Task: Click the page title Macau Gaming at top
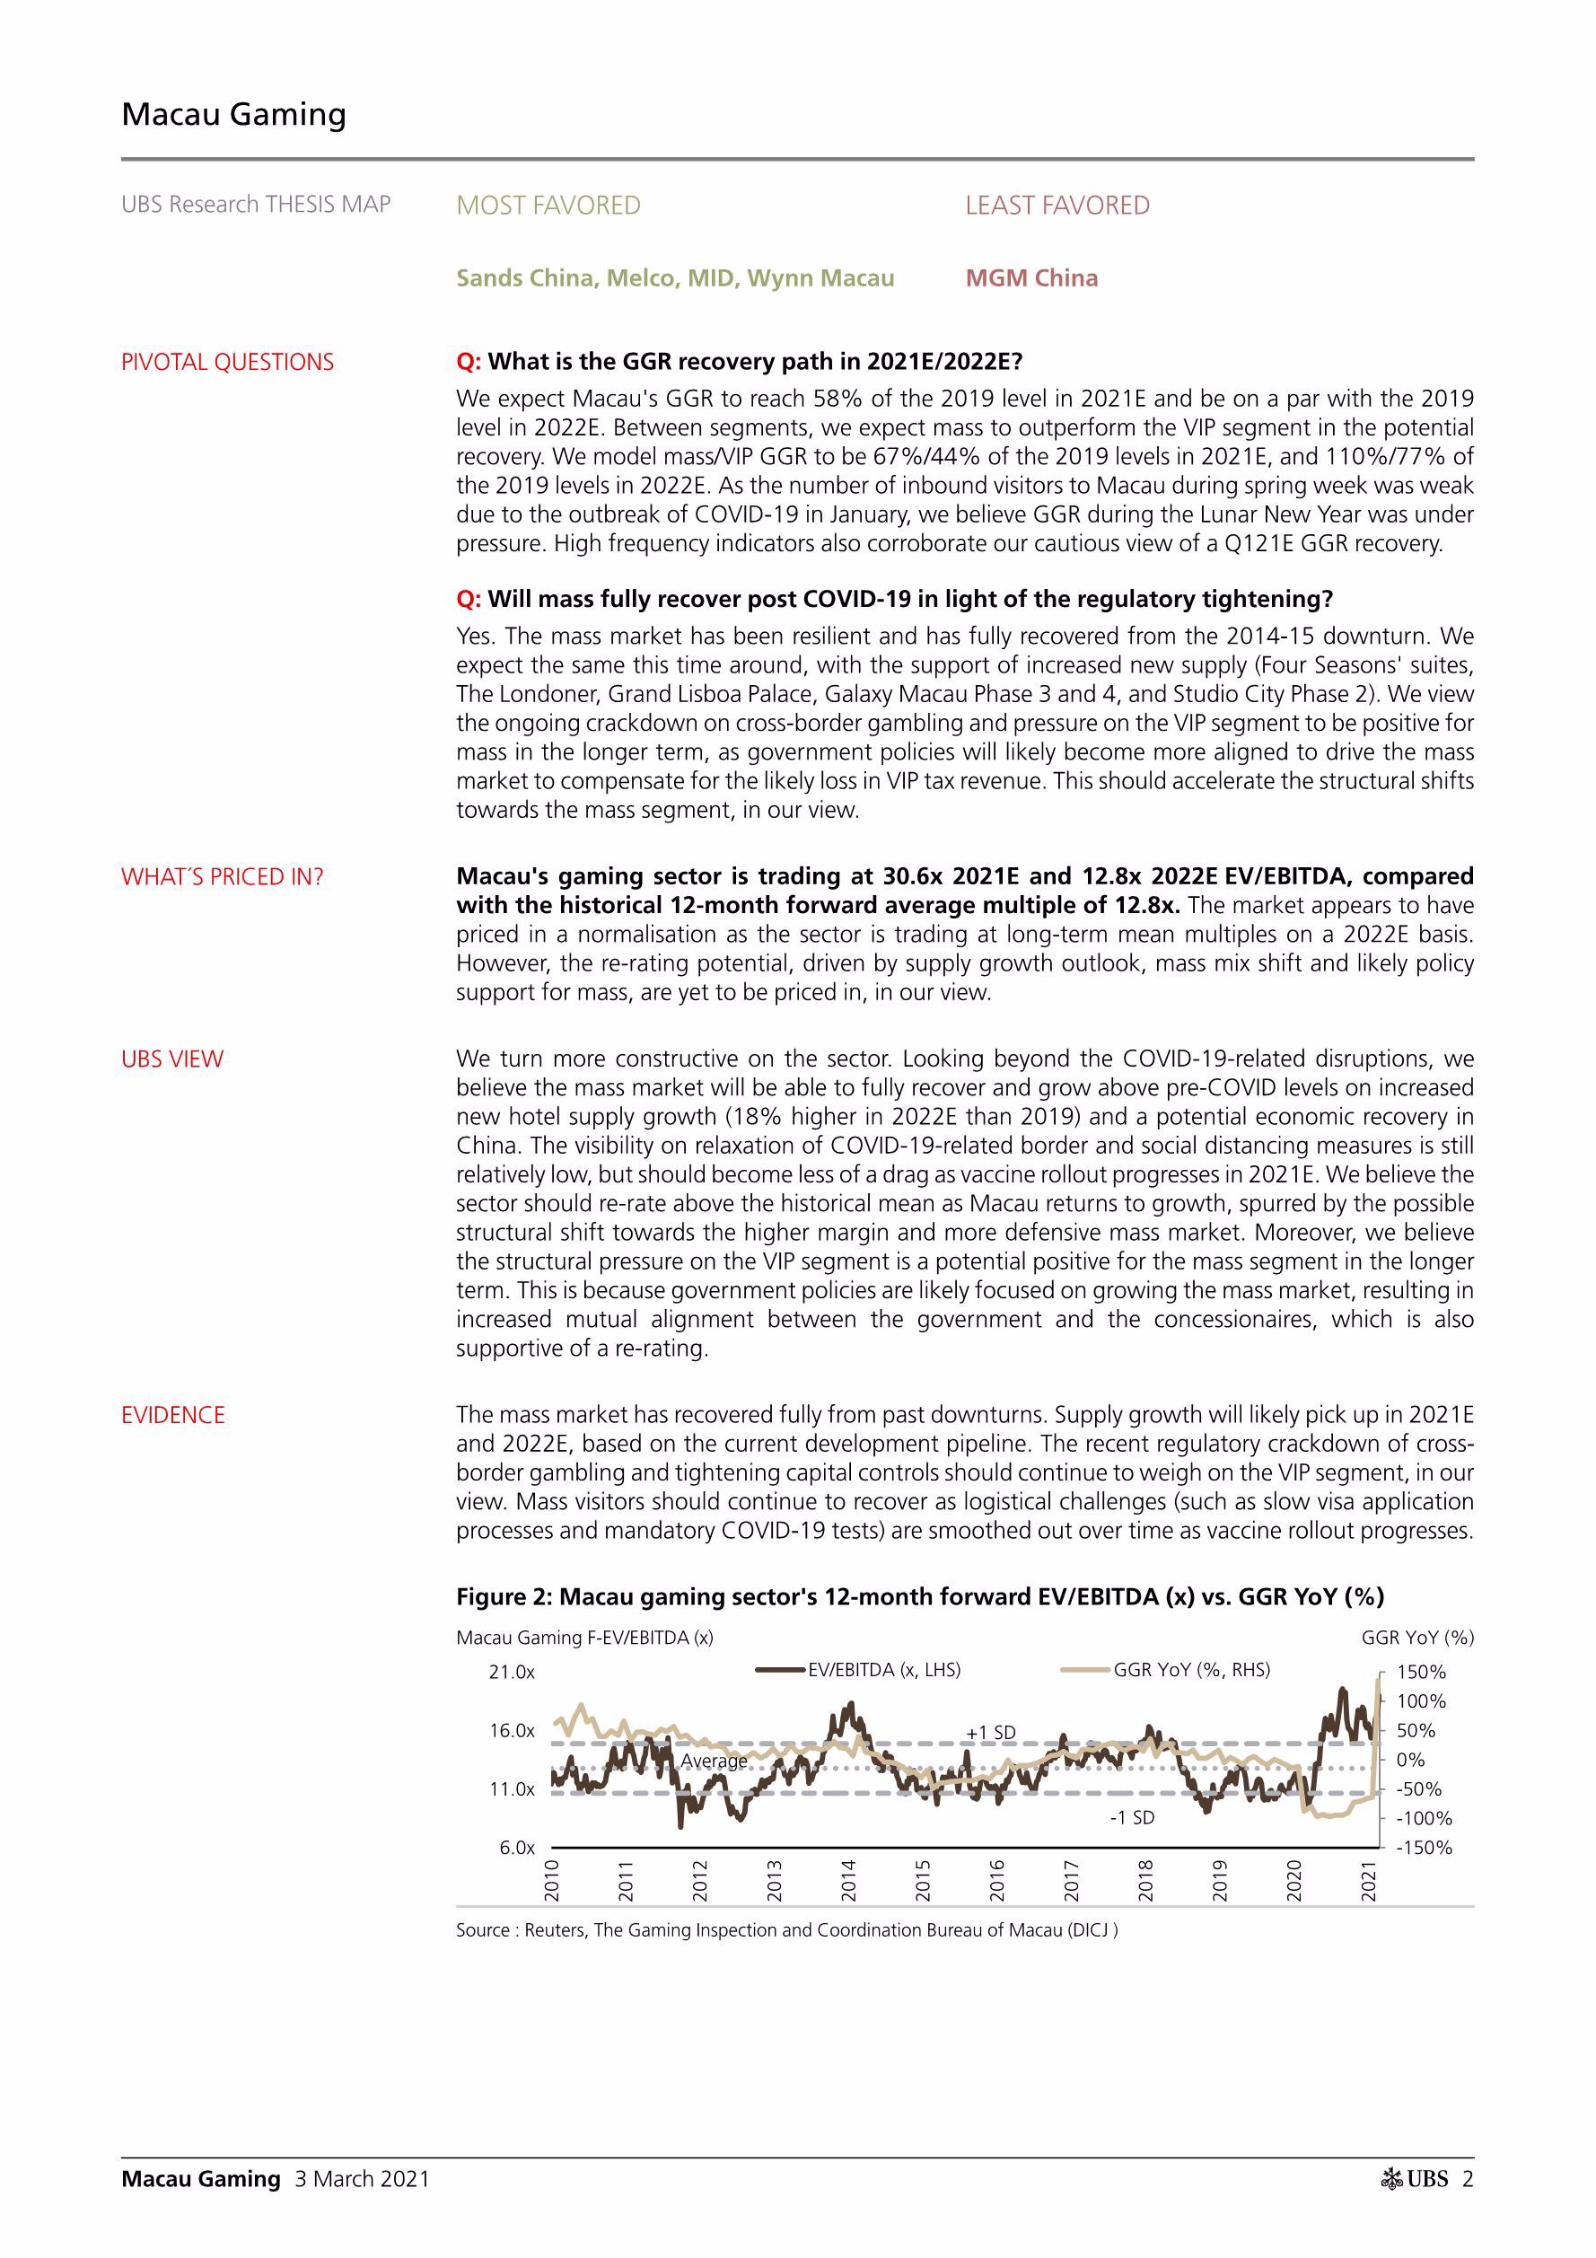click(x=233, y=114)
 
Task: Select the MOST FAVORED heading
click(x=548, y=206)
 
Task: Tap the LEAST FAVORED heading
click(x=1057, y=206)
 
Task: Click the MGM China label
click(x=1030, y=278)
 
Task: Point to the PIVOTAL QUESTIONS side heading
click(x=227, y=362)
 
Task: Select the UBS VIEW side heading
click(x=172, y=1059)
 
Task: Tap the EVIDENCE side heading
click(x=173, y=1415)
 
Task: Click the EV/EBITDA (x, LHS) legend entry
click(x=883, y=1670)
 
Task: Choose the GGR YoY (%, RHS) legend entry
click(x=1190, y=1670)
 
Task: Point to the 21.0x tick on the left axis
click(x=512, y=1673)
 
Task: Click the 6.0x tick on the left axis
click(x=516, y=1848)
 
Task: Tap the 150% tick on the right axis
click(x=1421, y=1672)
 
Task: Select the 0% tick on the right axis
click(x=1410, y=1761)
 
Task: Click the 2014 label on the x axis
click(x=848, y=1880)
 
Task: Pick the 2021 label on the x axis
click(x=1368, y=1880)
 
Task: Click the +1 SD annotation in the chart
click(x=990, y=1733)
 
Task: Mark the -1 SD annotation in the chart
click(x=1132, y=1817)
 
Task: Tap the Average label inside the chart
click(x=713, y=1762)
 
